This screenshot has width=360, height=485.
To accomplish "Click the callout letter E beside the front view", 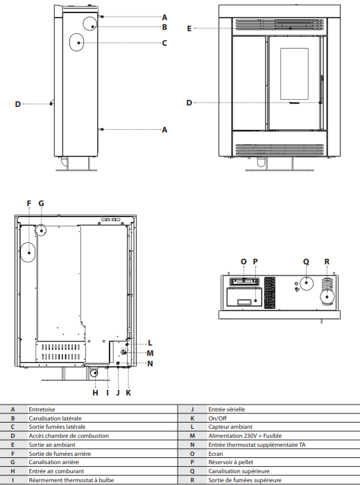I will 189,28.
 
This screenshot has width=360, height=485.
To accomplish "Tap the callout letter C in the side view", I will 164,43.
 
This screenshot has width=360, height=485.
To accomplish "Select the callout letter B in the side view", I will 164,27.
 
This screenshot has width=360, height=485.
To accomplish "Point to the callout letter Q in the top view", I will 306,262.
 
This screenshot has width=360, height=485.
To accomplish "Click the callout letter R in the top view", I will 327,262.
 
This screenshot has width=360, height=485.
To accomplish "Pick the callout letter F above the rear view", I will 29,203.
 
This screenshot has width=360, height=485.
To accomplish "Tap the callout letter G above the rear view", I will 41,203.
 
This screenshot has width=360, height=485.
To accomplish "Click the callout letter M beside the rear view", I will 151,353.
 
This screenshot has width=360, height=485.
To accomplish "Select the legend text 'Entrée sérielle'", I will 208,409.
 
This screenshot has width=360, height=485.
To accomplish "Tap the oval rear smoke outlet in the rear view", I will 29,253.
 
